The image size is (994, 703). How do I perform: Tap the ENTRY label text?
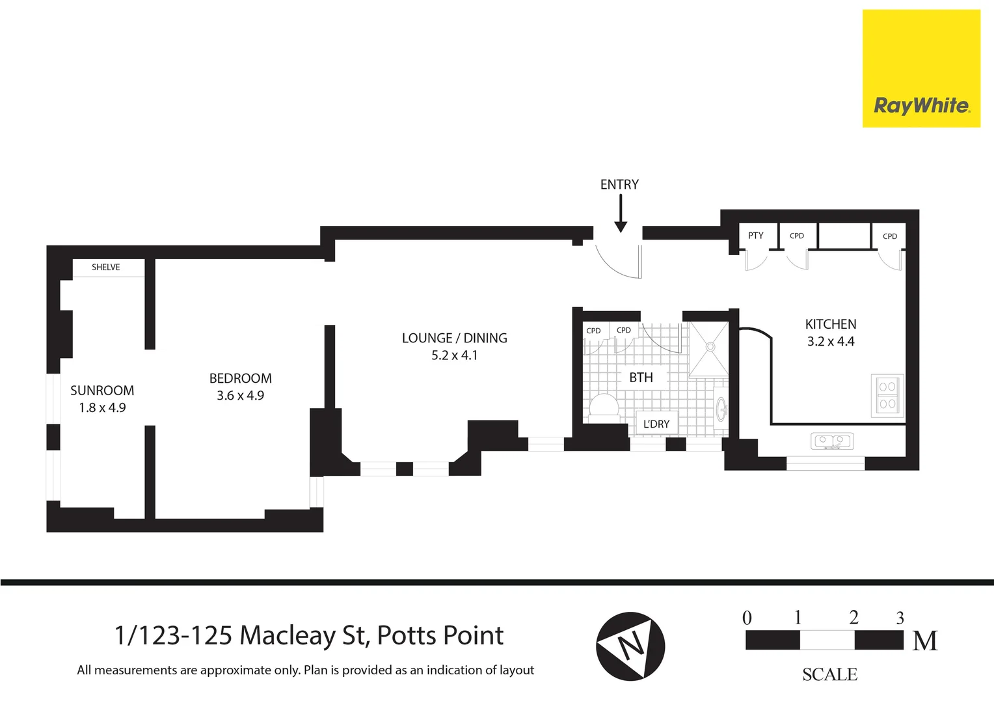619,185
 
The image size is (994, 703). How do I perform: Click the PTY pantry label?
755,236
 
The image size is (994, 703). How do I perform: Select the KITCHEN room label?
830,324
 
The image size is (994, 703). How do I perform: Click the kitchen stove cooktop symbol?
887,396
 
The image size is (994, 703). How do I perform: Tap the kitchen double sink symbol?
832,441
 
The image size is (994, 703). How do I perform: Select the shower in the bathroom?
709,348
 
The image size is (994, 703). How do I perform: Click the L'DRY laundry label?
656,424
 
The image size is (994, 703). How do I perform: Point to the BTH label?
640,378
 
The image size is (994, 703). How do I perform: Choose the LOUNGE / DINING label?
454,338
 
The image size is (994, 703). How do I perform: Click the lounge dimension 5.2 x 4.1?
454,355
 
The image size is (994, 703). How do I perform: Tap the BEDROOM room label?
240,378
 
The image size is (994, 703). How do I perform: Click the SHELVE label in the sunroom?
106,268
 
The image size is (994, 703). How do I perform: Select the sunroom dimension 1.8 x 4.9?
102,408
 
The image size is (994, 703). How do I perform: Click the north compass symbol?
630,646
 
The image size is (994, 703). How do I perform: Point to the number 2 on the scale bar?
853,617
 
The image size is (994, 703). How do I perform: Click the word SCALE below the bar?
829,674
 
